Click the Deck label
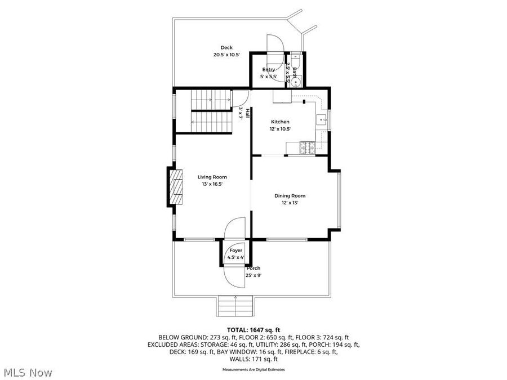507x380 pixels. click(226, 48)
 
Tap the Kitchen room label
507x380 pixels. click(280, 122)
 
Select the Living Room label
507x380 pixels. click(211, 177)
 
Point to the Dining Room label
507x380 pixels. click(290, 195)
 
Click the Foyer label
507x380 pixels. click(235, 251)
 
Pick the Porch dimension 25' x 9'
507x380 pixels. click(253, 275)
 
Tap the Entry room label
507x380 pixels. click(268, 69)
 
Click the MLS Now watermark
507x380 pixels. click(28, 372)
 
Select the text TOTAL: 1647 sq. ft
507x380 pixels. click(253, 329)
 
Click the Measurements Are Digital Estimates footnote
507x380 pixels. click(253, 369)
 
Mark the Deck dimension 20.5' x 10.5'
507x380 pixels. click(226, 55)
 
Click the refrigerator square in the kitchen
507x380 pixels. click(282, 97)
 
